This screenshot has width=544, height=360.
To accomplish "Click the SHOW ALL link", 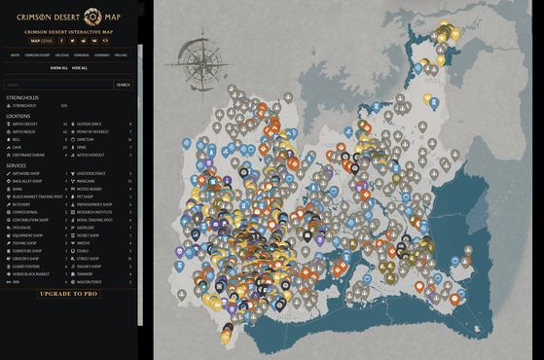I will pos(58,68).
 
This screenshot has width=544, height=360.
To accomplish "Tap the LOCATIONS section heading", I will pos(18,116).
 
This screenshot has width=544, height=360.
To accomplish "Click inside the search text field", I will pos(58,85).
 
